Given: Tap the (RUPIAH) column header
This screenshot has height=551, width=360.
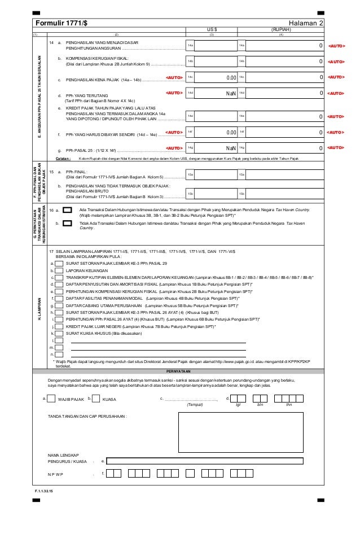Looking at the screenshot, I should coord(281,30).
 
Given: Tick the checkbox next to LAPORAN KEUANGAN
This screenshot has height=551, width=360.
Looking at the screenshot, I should coord(59,270).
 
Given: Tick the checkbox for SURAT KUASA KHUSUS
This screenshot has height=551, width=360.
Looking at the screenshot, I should coord(59,334).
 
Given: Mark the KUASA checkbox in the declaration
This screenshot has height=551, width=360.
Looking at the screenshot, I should coord(96,399).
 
